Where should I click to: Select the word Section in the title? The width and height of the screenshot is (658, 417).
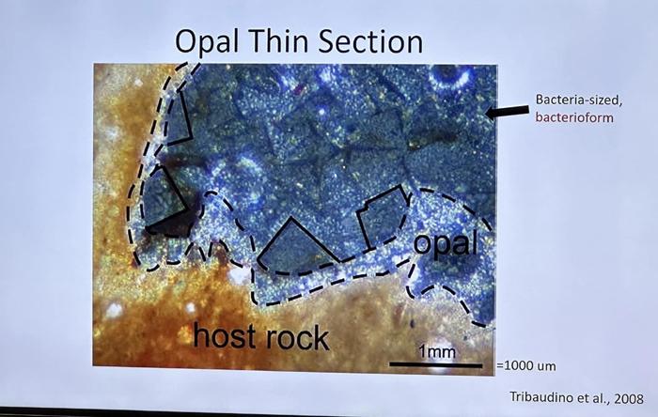pyautogui.click(x=370, y=41)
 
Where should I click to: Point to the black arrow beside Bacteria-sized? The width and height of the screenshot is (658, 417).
pyautogui.click(x=507, y=112)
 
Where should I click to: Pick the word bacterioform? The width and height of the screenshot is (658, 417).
pyautogui.click(x=574, y=117)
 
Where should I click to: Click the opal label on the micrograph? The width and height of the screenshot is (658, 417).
pyautogui.click(x=446, y=243)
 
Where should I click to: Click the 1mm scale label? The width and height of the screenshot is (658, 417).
pyautogui.click(x=437, y=351)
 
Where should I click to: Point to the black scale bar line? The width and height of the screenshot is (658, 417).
pyautogui.click(x=435, y=365)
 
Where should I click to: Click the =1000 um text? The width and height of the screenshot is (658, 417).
pyautogui.click(x=526, y=366)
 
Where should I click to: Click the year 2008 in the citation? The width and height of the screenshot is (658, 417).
pyautogui.click(x=628, y=397)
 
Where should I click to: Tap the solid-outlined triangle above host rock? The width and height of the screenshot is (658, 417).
pyautogui.click(x=296, y=244)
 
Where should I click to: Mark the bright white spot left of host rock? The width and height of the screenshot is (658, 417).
pyautogui.click(x=114, y=311)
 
